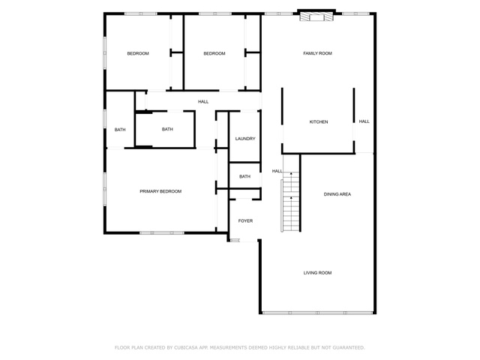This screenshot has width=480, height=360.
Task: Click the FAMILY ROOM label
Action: coord(317,53)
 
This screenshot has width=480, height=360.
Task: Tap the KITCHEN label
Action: coord(319,121)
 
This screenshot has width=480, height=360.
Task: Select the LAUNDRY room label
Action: coord(245,139)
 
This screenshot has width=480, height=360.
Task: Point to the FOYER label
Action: coord(245,220)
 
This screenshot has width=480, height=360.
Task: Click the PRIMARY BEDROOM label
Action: coord(160,191)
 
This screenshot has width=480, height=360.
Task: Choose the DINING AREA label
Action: coord(337,194)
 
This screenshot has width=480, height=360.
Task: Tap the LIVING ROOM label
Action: coord(317,273)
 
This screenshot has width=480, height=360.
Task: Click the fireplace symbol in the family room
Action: coord(316,16)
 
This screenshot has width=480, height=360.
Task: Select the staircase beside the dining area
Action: coord(290,202)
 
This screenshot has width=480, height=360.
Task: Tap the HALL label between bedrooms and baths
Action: coord(203,102)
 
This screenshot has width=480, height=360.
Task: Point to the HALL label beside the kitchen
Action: coord(364,121)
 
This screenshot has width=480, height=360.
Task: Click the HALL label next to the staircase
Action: coord(277,171)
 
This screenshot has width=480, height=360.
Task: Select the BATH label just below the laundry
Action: coord(245,176)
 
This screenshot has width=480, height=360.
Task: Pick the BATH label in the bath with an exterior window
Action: coord(120,130)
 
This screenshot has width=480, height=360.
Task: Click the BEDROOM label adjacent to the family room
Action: coord(214,53)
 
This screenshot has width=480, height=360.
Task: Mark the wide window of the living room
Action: coord(318,313)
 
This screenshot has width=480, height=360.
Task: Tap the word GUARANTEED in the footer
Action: coord(349,348)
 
